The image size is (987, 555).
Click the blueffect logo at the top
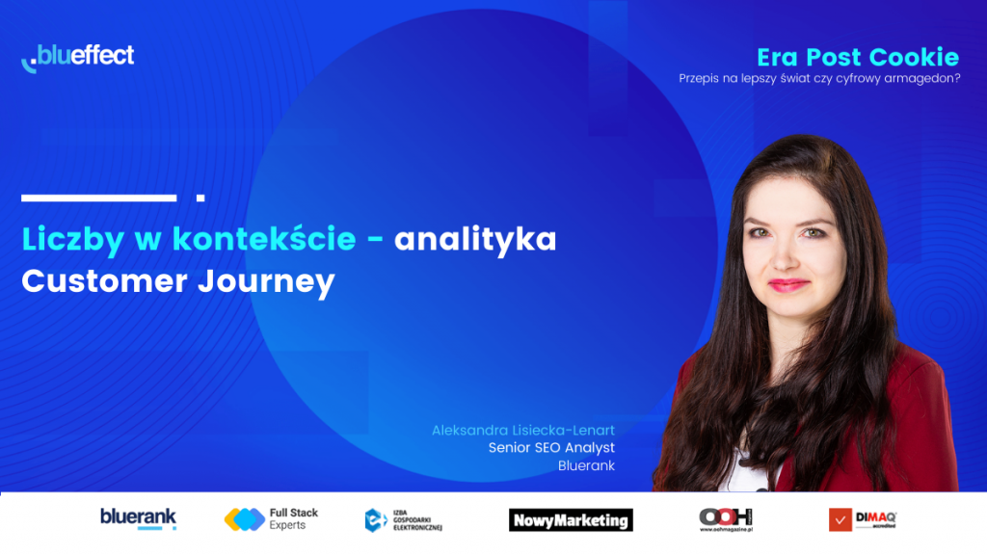pos(77,58)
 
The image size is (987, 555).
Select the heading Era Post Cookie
pos(858,57)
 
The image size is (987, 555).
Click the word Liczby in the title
pos(73,240)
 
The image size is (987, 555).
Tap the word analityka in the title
pos(475,240)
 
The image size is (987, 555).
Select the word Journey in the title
pos(266,281)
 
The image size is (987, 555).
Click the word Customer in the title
pos(104,280)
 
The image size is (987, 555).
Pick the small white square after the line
pos(200,198)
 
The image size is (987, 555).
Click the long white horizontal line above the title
pos(99,198)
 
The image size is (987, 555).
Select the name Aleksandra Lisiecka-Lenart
pos(523,431)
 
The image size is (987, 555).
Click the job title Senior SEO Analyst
pos(551,448)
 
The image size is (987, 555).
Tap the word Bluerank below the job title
pos(586,465)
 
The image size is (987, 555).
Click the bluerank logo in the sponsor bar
pos(139,519)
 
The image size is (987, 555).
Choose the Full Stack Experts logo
pos(271,519)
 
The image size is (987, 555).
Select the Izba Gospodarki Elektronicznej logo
pos(404,520)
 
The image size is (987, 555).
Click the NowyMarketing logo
pos(571,520)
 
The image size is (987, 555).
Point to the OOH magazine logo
pos(726,519)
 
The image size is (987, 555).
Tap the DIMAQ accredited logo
pos(863,519)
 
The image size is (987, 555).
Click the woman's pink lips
pos(787,285)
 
